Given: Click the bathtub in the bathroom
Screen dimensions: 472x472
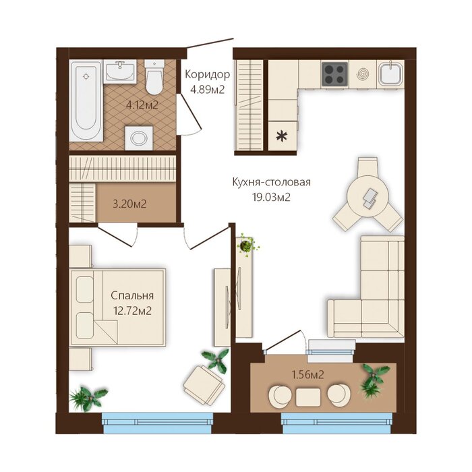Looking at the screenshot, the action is tap(86, 100).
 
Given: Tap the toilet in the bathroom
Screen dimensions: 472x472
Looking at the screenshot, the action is tap(154, 77).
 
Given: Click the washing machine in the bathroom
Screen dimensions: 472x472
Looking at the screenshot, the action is tap(139, 138).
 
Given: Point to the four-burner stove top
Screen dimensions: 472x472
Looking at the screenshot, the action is tap(334, 73).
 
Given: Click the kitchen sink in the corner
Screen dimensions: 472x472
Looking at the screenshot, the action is tap(390, 73).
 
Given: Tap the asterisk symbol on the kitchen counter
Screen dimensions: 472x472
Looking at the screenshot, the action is tap(282, 136).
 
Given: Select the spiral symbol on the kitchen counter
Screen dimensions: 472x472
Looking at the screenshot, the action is tap(363, 73).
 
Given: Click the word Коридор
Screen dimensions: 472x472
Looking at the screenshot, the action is tap(208, 74).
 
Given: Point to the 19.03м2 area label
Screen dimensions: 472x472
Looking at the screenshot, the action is tap(271, 197).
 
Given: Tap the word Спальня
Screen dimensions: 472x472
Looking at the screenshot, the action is tap(132, 295).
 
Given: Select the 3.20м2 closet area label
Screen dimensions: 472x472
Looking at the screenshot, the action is tap(129, 204).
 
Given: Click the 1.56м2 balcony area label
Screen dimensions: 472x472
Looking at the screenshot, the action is tap(307, 375).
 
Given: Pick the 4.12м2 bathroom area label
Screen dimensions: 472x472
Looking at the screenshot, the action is tap(142, 105).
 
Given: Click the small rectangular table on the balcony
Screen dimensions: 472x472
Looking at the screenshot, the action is tap(308, 397).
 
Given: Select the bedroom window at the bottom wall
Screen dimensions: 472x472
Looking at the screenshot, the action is tap(157, 423).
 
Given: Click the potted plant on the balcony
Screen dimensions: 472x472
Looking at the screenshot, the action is tap(374, 380).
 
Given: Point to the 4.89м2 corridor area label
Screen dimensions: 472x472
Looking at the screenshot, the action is tap(208, 90).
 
